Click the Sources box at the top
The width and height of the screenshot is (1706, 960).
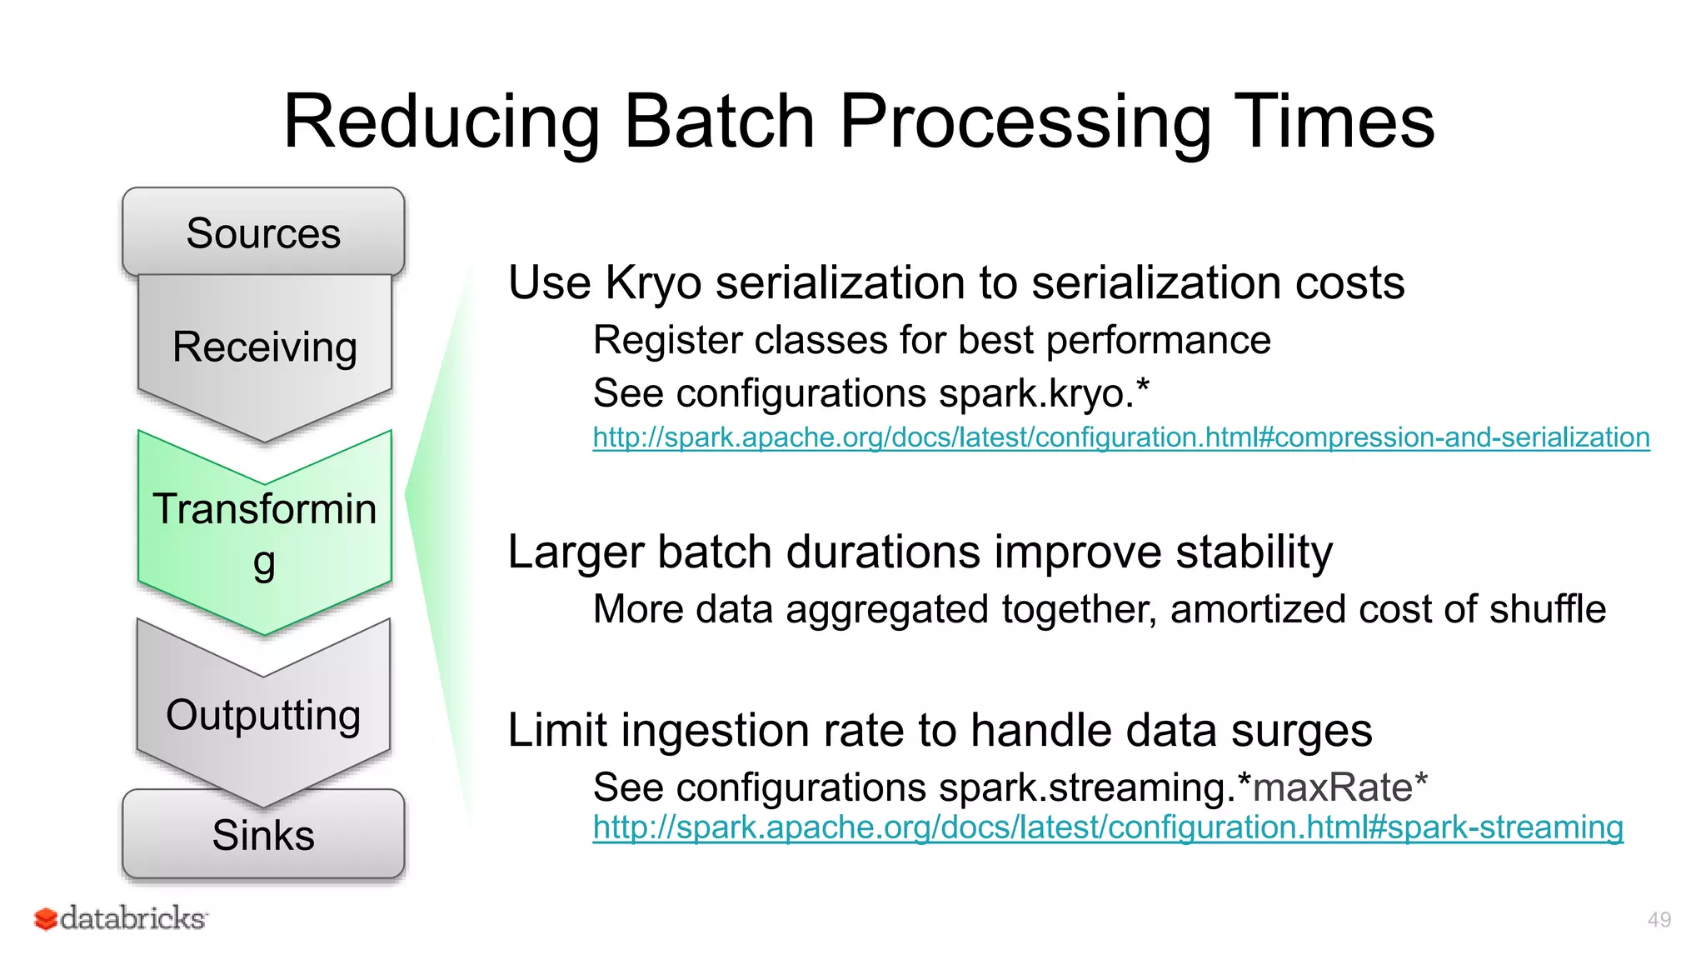[x=263, y=232]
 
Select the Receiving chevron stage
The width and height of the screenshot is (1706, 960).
[x=264, y=347]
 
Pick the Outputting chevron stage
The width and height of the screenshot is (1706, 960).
[x=263, y=715]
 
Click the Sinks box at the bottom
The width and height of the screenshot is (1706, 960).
[x=263, y=835]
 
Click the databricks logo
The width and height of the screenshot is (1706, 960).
[x=122, y=918]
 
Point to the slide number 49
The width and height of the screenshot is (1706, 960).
[x=1659, y=920]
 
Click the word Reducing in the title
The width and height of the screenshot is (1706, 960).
[x=441, y=122]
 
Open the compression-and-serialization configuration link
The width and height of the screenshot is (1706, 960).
[x=1120, y=437]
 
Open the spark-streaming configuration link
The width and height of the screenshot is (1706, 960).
[x=1108, y=827]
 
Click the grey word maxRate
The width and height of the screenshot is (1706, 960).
[x=1333, y=787]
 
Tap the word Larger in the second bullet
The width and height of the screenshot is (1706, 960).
[x=576, y=552]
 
